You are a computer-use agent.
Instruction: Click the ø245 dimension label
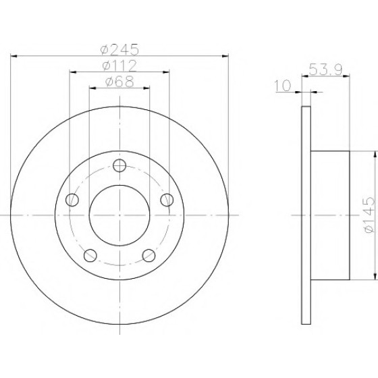pos(120,49)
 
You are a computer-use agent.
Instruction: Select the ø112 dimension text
pos(119,65)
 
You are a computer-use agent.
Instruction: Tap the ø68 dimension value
pos(119,82)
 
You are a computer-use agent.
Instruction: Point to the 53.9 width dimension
pos(325,70)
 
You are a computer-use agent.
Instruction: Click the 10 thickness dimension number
pos(283,86)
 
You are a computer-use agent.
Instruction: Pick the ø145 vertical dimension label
pos(370,215)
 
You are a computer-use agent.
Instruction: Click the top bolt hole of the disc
pos(119,165)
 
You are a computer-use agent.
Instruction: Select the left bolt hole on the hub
pos(72,200)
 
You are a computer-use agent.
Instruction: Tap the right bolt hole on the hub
pos(167,200)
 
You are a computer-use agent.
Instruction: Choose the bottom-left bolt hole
pos(90,256)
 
